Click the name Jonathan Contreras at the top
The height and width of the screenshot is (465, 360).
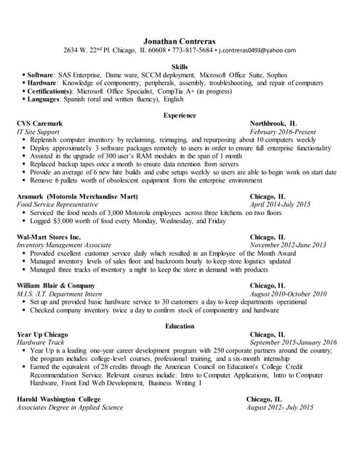coord(180,40)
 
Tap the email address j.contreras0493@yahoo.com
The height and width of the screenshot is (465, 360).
coord(257,50)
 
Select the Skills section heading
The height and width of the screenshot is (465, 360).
coord(180,67)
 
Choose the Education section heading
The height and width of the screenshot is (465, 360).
coord(180,326)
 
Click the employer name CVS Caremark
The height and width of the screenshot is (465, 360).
coord(40,124)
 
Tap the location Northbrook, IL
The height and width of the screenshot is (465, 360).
coord(273,124)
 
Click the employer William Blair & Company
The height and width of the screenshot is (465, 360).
coord(55,286)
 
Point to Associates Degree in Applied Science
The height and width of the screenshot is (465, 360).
coord(70,408)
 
